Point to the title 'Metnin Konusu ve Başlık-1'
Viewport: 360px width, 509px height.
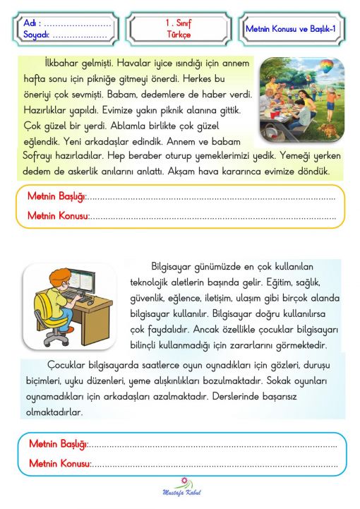(x=294, y=28)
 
